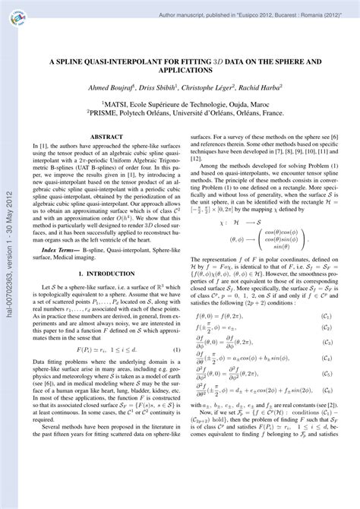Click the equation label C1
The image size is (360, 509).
(326, 315)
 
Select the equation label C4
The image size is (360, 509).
(326, 357)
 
